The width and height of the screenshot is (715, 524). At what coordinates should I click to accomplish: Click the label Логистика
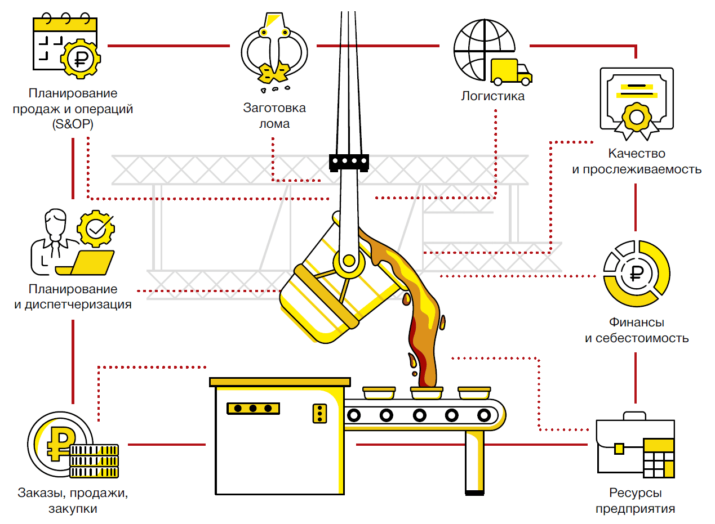click(492, 96)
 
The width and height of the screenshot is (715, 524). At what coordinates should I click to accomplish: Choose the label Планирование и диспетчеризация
click(73, 297)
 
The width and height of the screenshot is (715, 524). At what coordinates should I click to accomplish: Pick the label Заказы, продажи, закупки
click(73, 500)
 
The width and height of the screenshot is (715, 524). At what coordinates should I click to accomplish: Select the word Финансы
click(636, 323)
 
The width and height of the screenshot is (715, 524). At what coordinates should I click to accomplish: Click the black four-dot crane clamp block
click(348, 162)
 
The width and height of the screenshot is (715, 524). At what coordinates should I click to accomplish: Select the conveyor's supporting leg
click(474, 463)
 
